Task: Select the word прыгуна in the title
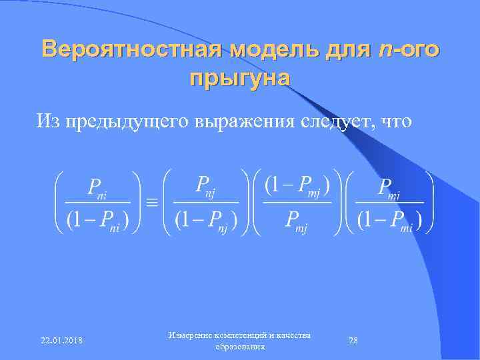coord(240,78)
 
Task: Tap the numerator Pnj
coord(207,185)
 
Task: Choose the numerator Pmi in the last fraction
coord(389,187)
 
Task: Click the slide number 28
coord(353,341)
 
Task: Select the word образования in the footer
coord(240,347)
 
